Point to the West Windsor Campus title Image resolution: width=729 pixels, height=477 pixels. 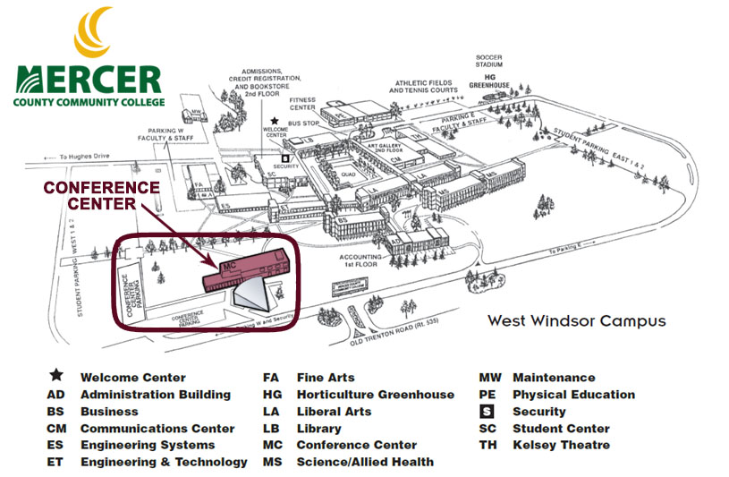(x=576, y=320)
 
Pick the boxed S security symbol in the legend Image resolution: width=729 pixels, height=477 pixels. (x=487, y=412)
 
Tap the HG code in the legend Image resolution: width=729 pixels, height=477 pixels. (x=271, y=395)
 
